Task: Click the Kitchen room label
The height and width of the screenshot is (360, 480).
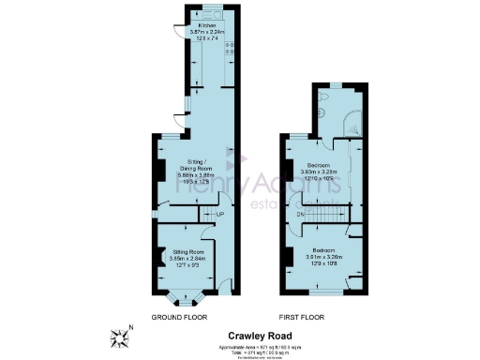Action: pos(195,25)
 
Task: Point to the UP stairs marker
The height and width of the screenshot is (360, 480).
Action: pos(220,215)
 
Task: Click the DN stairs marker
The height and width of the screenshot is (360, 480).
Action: pos(301,215)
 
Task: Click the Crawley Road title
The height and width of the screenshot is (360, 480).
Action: pos(260,336)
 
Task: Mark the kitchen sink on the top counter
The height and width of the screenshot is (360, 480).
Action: pos(214,14)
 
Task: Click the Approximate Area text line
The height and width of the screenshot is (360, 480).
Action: pos(260,345)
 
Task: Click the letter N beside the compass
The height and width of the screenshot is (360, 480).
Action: pos(131,326)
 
